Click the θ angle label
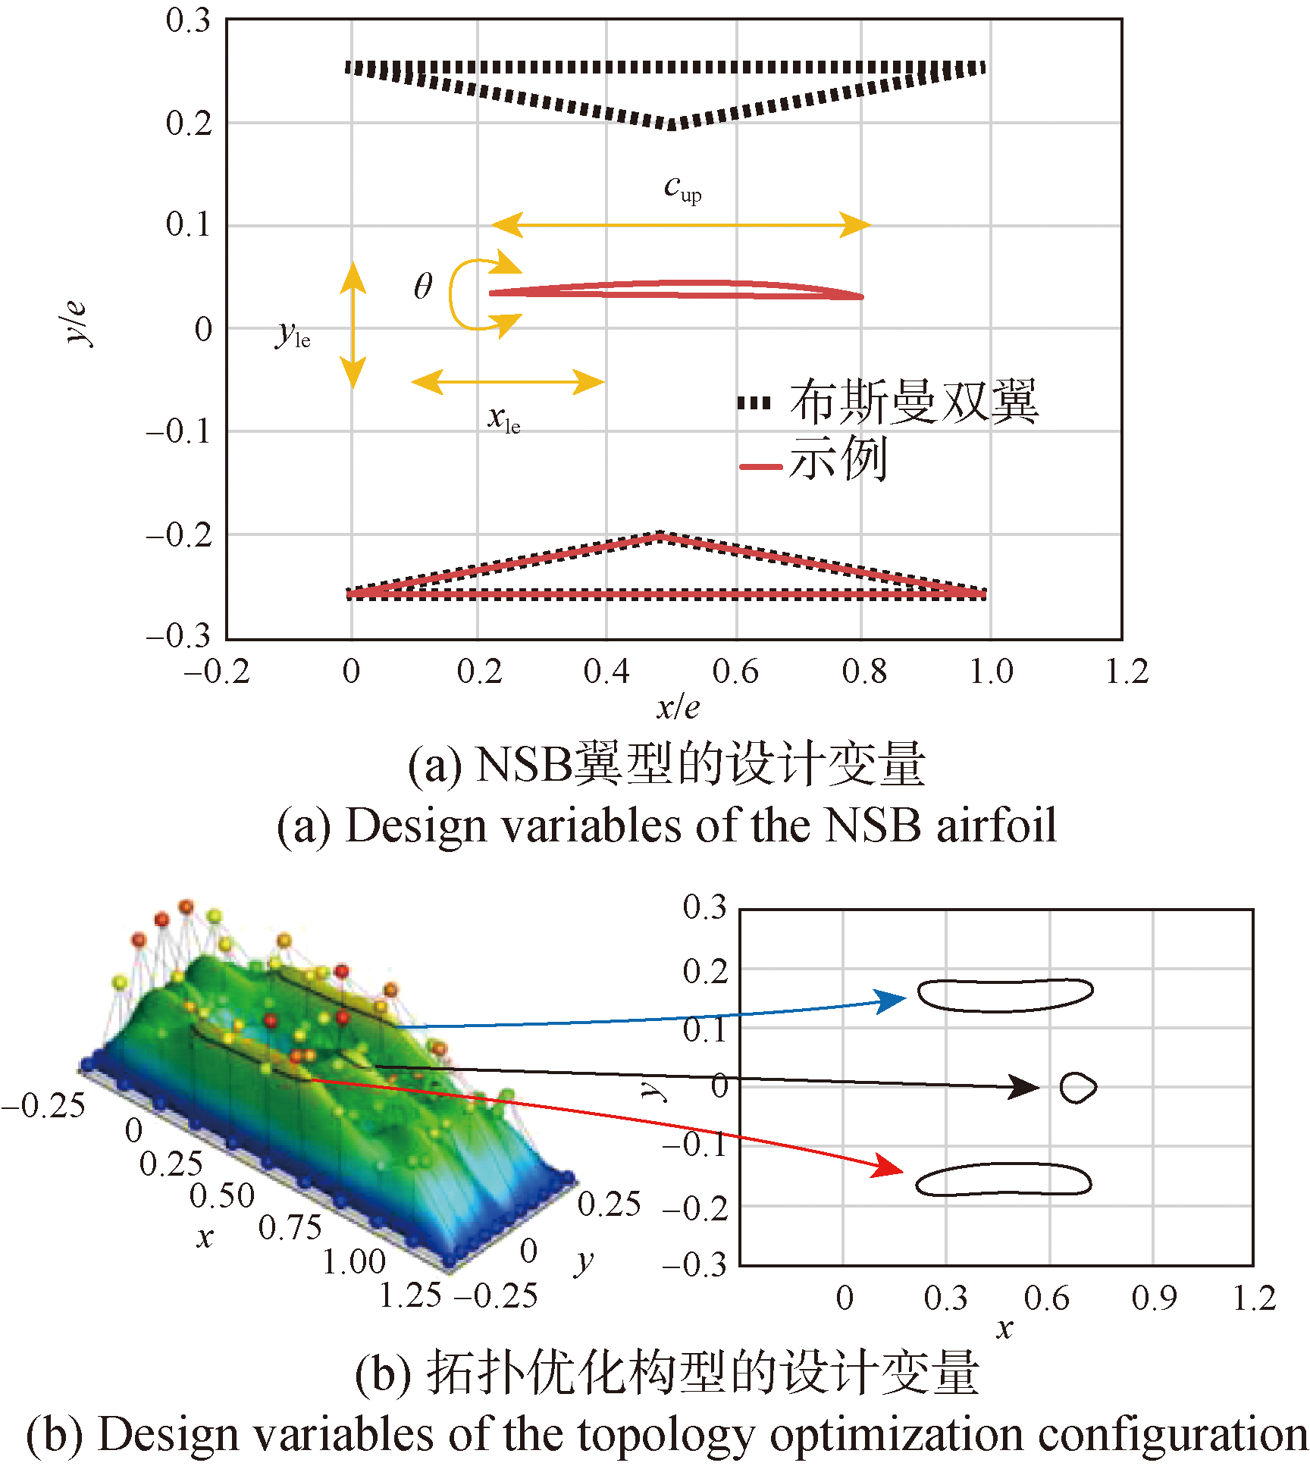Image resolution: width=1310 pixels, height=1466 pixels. [423, 287]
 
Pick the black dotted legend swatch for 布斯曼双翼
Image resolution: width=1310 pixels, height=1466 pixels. [754, 403]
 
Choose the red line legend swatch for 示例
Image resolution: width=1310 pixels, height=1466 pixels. [760, 466]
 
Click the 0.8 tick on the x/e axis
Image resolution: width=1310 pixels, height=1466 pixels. [863, 672]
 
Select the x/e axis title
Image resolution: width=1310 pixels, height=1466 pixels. [678, 708]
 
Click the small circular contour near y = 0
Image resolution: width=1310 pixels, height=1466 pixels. [1077, 1088]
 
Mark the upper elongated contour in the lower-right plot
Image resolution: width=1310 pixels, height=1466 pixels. [1005, 995]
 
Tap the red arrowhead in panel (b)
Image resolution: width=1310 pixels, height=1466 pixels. [888, 1167]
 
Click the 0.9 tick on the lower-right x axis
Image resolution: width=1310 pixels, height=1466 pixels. [1154, 1298]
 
